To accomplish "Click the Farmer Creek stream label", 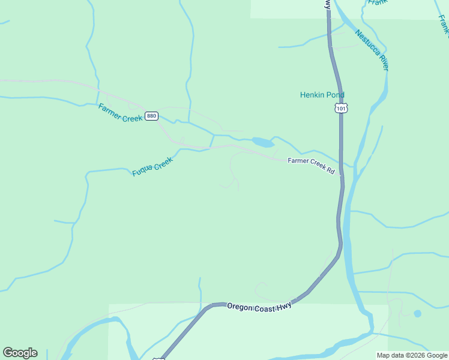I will tap(120, 113).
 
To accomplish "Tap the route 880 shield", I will tap(151, 116).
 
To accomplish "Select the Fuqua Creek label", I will tap(152, 166).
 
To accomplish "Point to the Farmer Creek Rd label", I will tap(311, 165).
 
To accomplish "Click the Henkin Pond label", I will tap(322, 95).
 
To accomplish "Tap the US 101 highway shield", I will tap(340, 108).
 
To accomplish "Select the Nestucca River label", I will tap(372, 50).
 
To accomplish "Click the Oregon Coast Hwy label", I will tap(259, 307).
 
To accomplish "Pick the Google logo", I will tap(20, 353).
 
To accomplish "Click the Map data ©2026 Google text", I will tap(412, 355).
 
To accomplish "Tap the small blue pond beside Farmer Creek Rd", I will tap(262, 142).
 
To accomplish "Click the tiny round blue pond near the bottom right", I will tap(417, 313).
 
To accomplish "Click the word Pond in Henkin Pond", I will tap(336, 95).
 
